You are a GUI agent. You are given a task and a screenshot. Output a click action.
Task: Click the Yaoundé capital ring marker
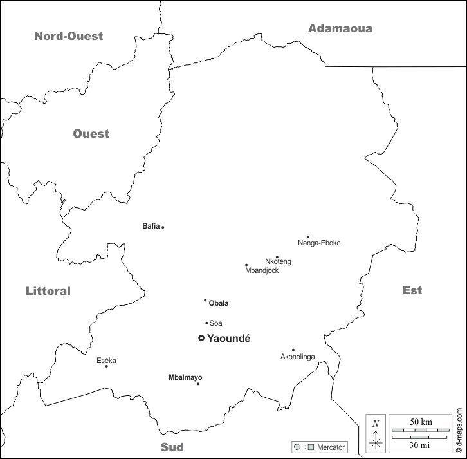(201, 338)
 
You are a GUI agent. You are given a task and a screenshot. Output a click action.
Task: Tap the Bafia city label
(151, 226)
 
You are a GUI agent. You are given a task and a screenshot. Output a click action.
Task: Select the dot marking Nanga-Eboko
(307, 236)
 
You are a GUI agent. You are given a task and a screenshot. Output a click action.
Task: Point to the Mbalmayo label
(185, 377)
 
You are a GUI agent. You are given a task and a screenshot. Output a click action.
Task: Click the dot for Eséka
(106, 366)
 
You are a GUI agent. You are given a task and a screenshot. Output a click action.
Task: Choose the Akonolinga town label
(298, 357)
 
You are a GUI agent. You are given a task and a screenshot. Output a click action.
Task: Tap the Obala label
(219, 303)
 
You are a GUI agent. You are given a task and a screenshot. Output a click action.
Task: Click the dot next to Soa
(206, 323)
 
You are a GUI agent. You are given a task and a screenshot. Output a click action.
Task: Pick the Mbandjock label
(262, 270)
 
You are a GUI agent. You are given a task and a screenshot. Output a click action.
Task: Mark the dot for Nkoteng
(277, 257)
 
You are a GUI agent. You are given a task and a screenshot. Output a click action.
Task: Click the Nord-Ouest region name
(68, 36)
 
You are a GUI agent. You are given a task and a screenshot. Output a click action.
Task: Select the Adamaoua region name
(340, 28)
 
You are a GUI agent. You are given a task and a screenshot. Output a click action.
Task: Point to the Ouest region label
(91, 134)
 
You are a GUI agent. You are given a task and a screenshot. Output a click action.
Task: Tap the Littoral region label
(48, 291)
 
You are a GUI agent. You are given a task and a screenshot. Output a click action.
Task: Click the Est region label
(412, 290)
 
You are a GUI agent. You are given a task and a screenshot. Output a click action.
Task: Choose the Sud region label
(172, 447)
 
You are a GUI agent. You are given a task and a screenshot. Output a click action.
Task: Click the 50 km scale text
(421, 422)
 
